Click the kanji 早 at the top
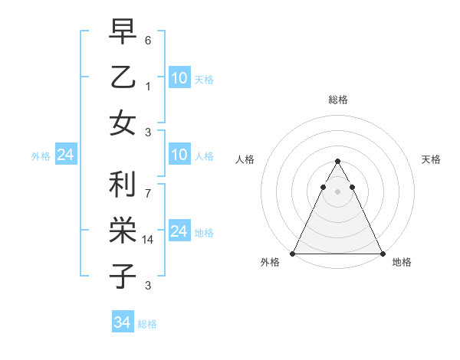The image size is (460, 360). (123, 34)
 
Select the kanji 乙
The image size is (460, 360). (123, 77)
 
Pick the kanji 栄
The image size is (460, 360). (123, 230)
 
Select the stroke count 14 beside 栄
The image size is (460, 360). (148, 240)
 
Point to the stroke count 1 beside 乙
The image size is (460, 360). (148, 86)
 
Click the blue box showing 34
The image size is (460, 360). (122, 322)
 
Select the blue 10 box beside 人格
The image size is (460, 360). (179, 155)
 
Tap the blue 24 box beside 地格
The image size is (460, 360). (179, 231)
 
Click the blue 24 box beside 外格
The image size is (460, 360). (65, 155)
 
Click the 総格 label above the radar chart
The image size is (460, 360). (337, 100)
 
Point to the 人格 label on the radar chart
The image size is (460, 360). (245, 159)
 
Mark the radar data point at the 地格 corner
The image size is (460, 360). (382, 253)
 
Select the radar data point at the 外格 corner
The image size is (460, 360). (293, 253)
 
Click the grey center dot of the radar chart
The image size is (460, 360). (337, 191)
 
